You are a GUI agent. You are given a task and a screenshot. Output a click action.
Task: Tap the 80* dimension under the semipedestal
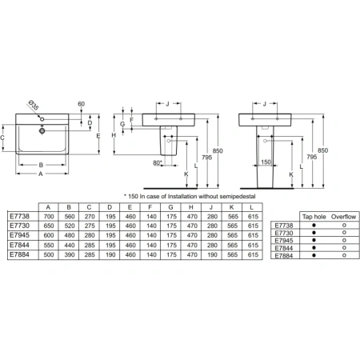[157, 163]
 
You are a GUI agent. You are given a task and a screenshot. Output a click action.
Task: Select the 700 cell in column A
[50, 216]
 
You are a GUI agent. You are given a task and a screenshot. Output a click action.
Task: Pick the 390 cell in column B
[70, 254]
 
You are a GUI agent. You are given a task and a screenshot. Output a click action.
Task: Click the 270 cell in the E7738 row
[92, 216]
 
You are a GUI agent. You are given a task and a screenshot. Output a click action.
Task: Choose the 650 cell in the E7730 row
[50, 226]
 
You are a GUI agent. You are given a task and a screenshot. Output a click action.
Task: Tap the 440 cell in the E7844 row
[70, 245]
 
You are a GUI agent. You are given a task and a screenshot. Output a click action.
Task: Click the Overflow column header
[343, 217]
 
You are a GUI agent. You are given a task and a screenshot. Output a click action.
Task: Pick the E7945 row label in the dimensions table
[19, 235]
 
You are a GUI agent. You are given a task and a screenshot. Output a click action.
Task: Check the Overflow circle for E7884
[343, 255]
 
